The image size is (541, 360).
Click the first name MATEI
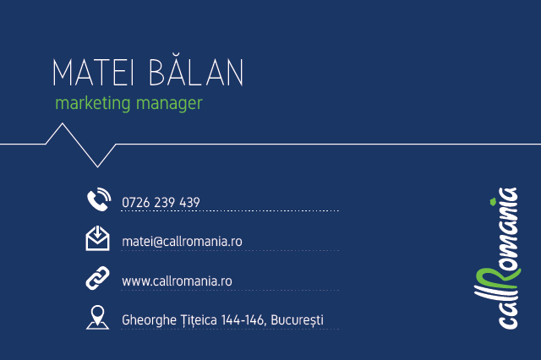coord(93,72)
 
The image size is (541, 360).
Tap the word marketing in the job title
coord(93,103)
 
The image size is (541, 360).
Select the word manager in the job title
coord(169,103)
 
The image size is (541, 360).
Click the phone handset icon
coord(99,199)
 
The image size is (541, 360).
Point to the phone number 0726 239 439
coord(161,203)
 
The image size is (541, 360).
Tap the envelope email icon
coord(98,238)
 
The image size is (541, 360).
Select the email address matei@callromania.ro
coord(182,242)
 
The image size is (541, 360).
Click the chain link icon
coord(98,278)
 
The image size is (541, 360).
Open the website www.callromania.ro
coord(177,281)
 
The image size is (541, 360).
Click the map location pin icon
coord(98,317)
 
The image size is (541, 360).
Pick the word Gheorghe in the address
coord(149,320)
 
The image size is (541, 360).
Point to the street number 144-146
coord(243,320)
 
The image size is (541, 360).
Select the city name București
coord(297,320)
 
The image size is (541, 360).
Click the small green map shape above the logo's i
coord(493,201)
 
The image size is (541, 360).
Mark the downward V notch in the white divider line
coord(98,166)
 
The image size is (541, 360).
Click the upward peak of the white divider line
coord(62,123)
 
